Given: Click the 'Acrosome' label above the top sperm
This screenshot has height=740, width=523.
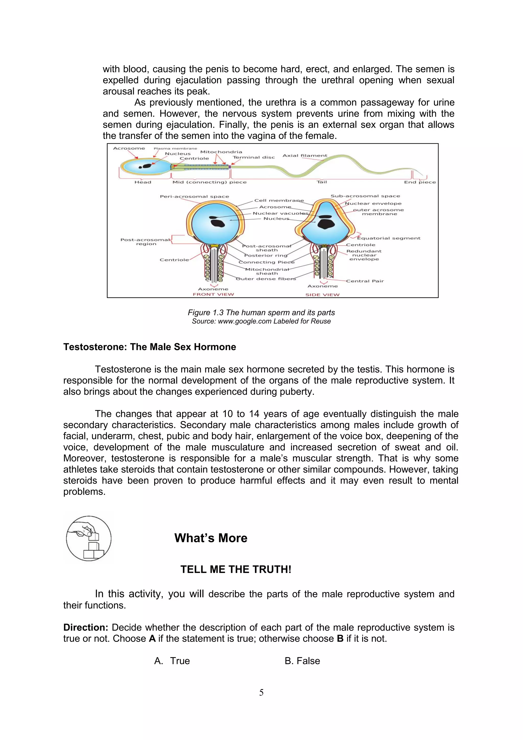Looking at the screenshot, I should [x=129, y=148].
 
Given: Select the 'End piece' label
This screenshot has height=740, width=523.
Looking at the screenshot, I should [x=420, y=182].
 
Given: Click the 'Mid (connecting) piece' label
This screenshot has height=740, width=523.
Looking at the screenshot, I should [x=209, y=182].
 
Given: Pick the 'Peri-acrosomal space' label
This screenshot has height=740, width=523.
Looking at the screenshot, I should [x=194, y=196].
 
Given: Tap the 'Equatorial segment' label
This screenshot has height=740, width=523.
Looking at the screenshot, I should [x=389, y=238].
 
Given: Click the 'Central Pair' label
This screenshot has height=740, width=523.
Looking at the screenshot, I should [x=365, y=281].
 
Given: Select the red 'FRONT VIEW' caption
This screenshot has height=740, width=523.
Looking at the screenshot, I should [x=213, y=294].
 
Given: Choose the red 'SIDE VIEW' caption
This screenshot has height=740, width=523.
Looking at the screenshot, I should [x=322, y=295].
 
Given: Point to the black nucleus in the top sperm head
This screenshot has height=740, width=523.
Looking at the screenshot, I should [x=147, y=166].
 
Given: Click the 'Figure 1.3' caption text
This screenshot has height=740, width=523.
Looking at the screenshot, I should [x=261, y=312].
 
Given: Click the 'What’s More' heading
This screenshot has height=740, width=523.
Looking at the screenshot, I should [x=211, y=538].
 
